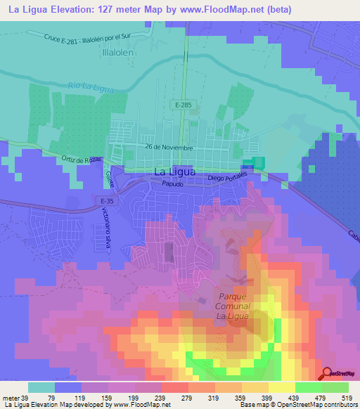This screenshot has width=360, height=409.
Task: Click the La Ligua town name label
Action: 173,172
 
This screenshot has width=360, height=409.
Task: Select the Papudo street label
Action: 172,184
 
